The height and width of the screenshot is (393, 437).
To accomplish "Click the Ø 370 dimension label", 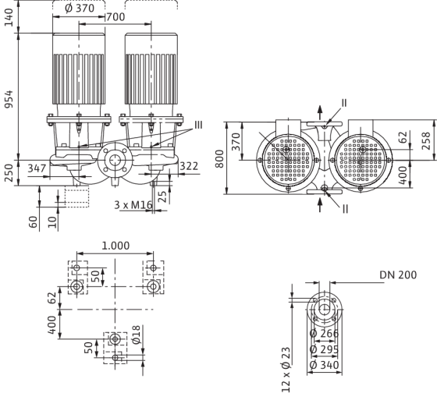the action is pyautogui.click(x=80, y=9).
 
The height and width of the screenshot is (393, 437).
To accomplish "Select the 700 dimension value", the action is pyautogui.click(x=115, y=17).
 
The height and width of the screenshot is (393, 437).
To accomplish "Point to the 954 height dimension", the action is pyautogui.click(x=9, y=99).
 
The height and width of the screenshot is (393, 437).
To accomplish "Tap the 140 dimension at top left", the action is pyautogui.click(x=9, y=17).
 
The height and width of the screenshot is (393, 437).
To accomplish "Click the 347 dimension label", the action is pyautogui.click(x=37, y=168).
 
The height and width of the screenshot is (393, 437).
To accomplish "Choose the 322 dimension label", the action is pyautogui.click(x=189, y=166).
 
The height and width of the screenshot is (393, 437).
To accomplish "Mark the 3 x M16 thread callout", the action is pyautogui.click(x=133, y=205).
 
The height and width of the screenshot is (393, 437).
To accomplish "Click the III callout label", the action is pyautogui.click(x=198, y=125).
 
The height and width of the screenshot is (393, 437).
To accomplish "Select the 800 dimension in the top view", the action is pyautogui.click(x=219, y=159).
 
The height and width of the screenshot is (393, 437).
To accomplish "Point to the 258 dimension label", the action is pyautogui.click(x=426, y=141).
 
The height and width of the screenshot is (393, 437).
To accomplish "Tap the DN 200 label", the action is pyautogui.click(x=398, y=275).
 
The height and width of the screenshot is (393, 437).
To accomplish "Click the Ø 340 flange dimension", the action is pyautogui.click(x=324, y=365).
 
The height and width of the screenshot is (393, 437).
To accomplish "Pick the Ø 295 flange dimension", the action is pyautogui.click(x=324, y=349).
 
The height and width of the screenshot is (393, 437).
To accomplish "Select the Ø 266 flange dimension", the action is pyautogui.click(x=324, y=334).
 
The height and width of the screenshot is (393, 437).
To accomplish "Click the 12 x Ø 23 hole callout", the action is pyautogui.click(x=286, y=370).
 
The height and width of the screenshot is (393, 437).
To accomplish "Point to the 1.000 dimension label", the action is pyautogui.click(x=115, y=246).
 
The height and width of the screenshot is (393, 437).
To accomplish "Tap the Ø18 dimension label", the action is pyautogui.click(x=136, y=335).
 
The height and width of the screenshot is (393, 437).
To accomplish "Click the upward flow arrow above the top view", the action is pyautogui.click(x=320, y=113).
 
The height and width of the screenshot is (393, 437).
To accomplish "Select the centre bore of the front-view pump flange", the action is pyautogui.click(x=115, y=160).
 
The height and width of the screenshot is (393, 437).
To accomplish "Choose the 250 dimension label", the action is pyautogui.click(x=9, y=173).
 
